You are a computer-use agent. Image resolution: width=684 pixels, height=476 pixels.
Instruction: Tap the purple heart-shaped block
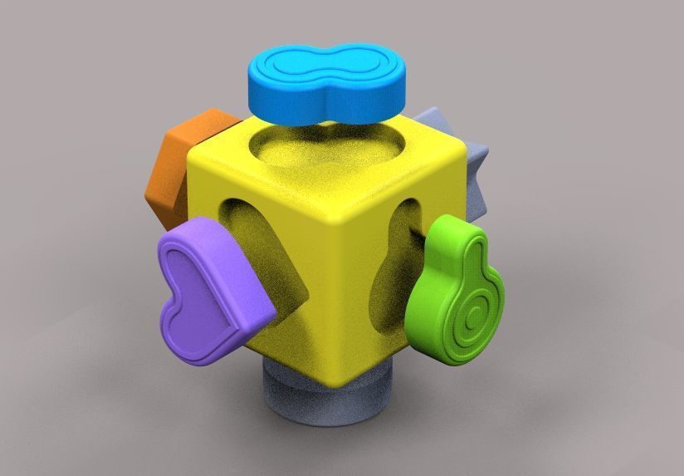212,291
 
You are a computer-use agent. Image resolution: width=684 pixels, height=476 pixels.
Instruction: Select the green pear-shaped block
457,291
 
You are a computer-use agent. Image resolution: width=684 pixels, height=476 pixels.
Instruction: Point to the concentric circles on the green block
471,317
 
